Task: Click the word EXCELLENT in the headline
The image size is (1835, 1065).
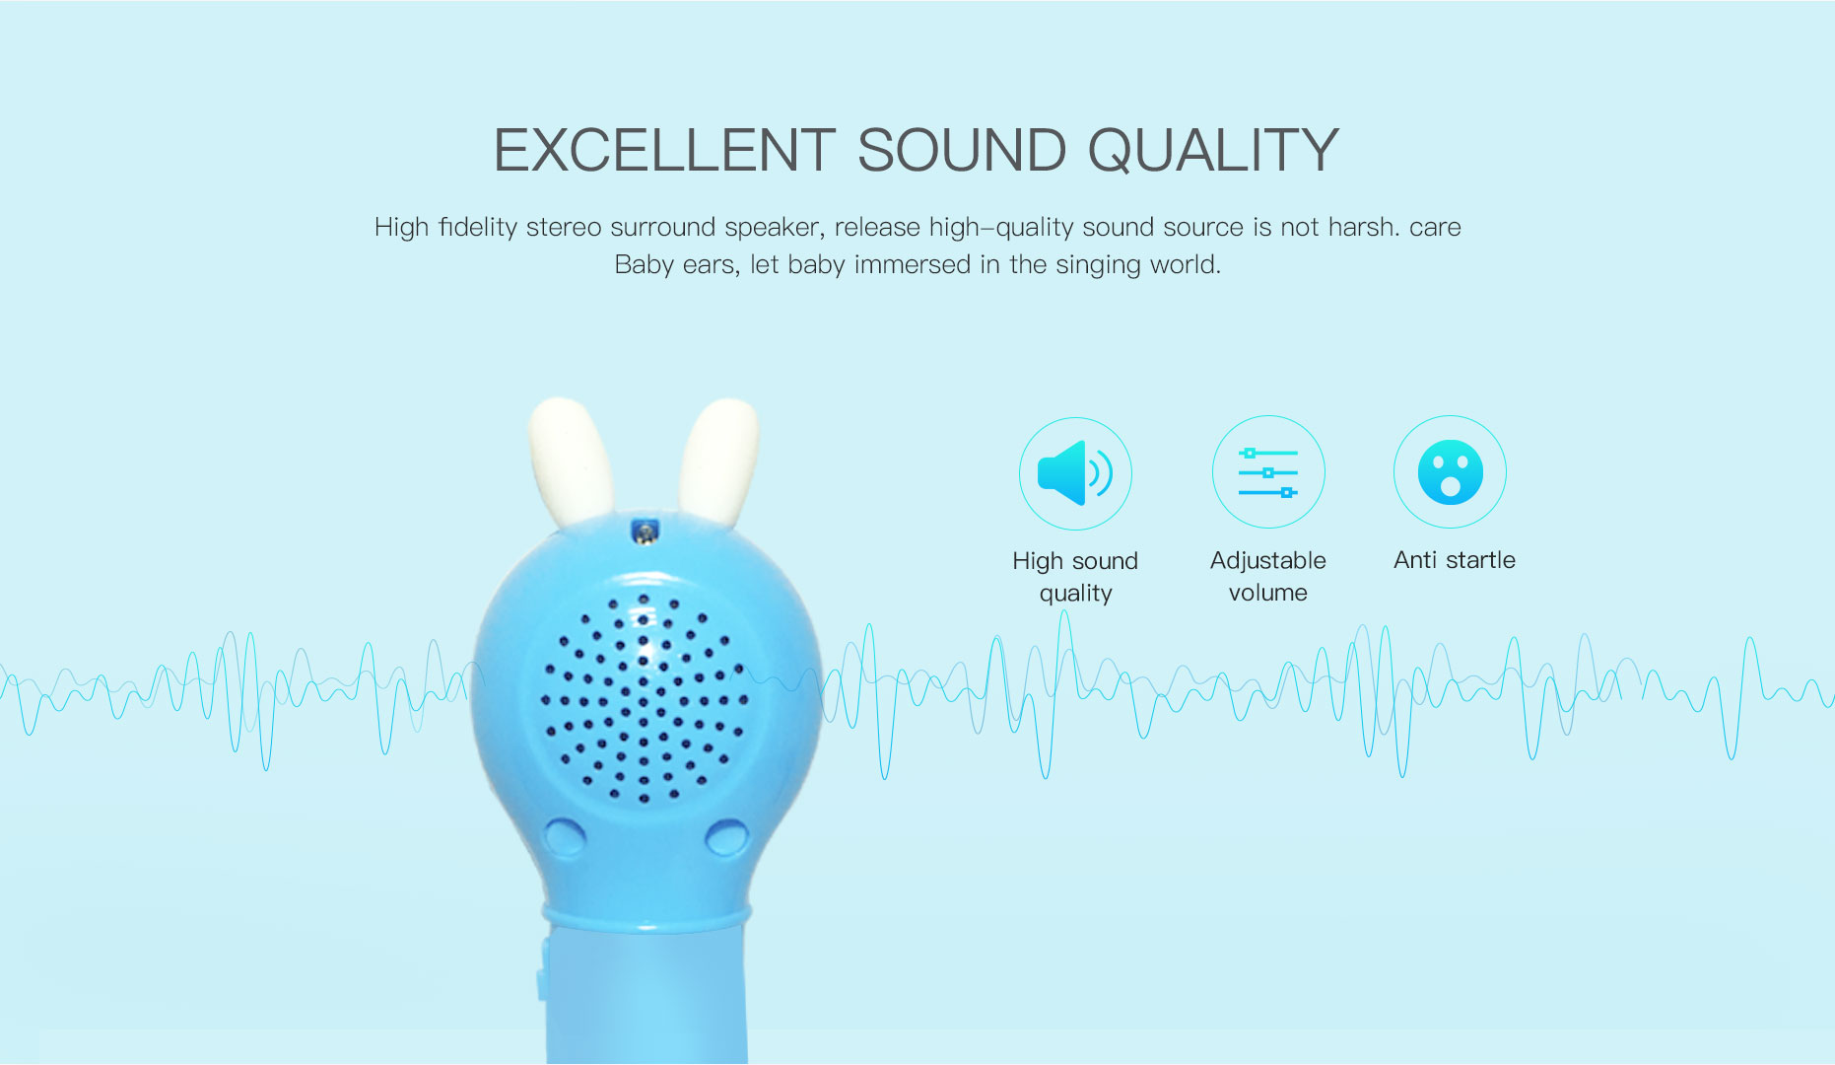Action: click(x=665, y=151)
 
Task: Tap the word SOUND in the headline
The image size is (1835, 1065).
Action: click(x=962, y=151)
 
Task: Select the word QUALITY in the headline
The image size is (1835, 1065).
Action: click(x=1213, y=151)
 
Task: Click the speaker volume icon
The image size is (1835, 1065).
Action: click(x=1075, y=473)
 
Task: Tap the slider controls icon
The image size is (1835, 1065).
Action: click(x=1268, y=472)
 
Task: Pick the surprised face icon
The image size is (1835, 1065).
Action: click(x=1450, y=472)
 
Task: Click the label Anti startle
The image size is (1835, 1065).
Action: click(x=1455, y=560)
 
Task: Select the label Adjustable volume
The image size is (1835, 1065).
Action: click(x=1268, y=576)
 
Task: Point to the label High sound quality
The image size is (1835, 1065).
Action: click(x=1075, y=577)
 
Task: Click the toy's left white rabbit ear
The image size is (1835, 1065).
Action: click(x=571, y=461)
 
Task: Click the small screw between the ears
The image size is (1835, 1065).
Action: click(x=645, y=533)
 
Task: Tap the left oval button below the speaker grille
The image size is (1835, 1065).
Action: click(x=565, y=837)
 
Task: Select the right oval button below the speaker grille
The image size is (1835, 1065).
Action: click(x=727, y=837)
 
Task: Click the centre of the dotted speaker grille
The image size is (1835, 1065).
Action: click(x=644, y=698)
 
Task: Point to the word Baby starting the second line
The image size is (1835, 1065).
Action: click(x=645, y=265)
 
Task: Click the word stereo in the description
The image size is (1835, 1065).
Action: click(x=563, y=227)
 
